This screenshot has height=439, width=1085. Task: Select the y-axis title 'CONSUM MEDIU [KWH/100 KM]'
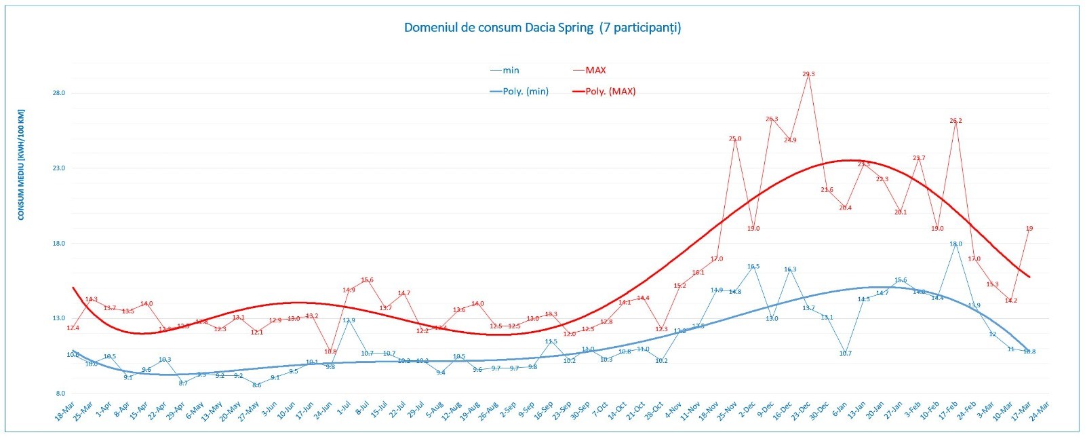coord(21,164)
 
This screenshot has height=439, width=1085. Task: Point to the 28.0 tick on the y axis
coord(59,93)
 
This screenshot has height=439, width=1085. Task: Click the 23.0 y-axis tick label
coord(59,168)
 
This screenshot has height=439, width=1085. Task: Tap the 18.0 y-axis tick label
coord(59,243)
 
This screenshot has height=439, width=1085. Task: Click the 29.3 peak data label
coord(808,74)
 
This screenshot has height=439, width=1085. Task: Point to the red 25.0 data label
coord(735,139)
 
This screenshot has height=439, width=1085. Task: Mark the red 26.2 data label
coord(955,121)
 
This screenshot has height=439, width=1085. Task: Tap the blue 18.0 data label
coord(955,244)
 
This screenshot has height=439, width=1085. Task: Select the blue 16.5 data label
coord(753,267)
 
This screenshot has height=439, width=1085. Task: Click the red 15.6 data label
coord(368,280)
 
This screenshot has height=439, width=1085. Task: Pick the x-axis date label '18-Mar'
coord(65,411)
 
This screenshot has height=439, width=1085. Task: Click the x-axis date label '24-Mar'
coord(1040,411)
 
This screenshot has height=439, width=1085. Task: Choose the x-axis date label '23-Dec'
coord(801,411)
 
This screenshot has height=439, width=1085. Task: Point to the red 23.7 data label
coord(919,158)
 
